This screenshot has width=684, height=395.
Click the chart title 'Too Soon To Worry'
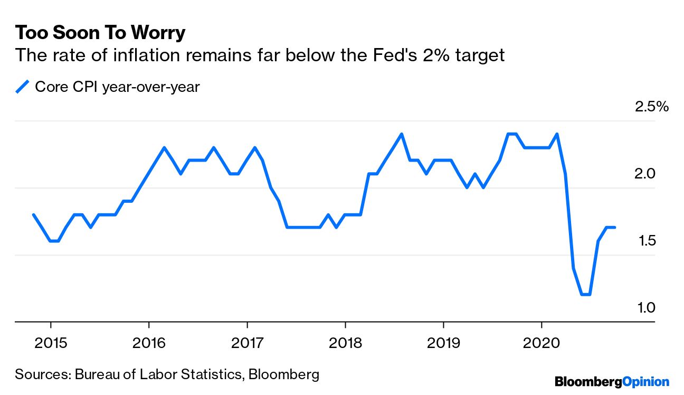pyautogui.click(x=100, y=33)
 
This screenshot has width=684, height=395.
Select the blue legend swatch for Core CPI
pyautogui.click(x=22, y=87)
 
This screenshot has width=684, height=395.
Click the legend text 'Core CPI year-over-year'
pyautogui.click(x=117, y=87)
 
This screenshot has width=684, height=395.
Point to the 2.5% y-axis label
pyautogui.click(x=652, y=107)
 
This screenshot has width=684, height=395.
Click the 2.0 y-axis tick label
pyautogui.click(x=644, y=174)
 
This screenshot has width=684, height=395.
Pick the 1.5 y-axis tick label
pyautogui.click(x=644, y=241)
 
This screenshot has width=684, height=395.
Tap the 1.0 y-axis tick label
pyautogui.click(x=644, y=307)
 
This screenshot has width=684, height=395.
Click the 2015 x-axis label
pyautogui.click(x=51, y=344)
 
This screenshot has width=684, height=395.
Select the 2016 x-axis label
pyautogui.click(x=149, y=344)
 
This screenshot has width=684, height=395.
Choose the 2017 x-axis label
pyautogui.click(x=247, y=344)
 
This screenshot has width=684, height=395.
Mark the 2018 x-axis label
pyautogui.click(x=345, y=344)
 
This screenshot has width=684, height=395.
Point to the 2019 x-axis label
pyautogui.click(x=443, y=344)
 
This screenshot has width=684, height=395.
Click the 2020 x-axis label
pyautogui.click(x=541, y=344)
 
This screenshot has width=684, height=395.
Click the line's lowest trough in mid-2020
pyautogui.click(x=585, y=295)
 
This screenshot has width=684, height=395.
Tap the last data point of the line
pyautogui.click(x=614, y=228)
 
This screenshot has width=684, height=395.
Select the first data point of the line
pyautogui.click(x=34, y=215)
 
